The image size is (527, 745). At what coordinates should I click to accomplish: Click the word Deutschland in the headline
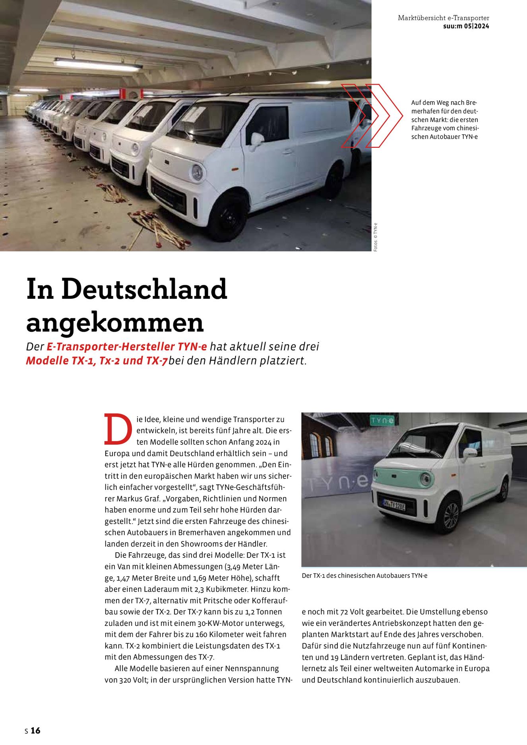[144, 289]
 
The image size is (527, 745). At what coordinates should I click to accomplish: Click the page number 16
[35, 730]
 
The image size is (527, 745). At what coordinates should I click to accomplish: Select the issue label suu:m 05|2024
[466, 26]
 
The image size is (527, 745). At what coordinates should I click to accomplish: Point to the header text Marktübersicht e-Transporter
[443, 18]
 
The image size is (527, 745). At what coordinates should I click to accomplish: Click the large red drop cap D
[118, 430]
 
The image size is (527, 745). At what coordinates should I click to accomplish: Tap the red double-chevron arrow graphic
[372, 116]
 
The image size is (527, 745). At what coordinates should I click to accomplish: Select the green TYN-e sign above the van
[382, 421]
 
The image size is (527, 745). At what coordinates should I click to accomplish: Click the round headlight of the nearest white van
[197, 172]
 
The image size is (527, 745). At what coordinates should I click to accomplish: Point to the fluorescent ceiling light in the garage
[97, 64]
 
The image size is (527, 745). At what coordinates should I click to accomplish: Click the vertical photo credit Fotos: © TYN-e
[376, 237]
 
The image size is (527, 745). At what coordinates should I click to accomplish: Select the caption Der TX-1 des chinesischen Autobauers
[364, 575]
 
